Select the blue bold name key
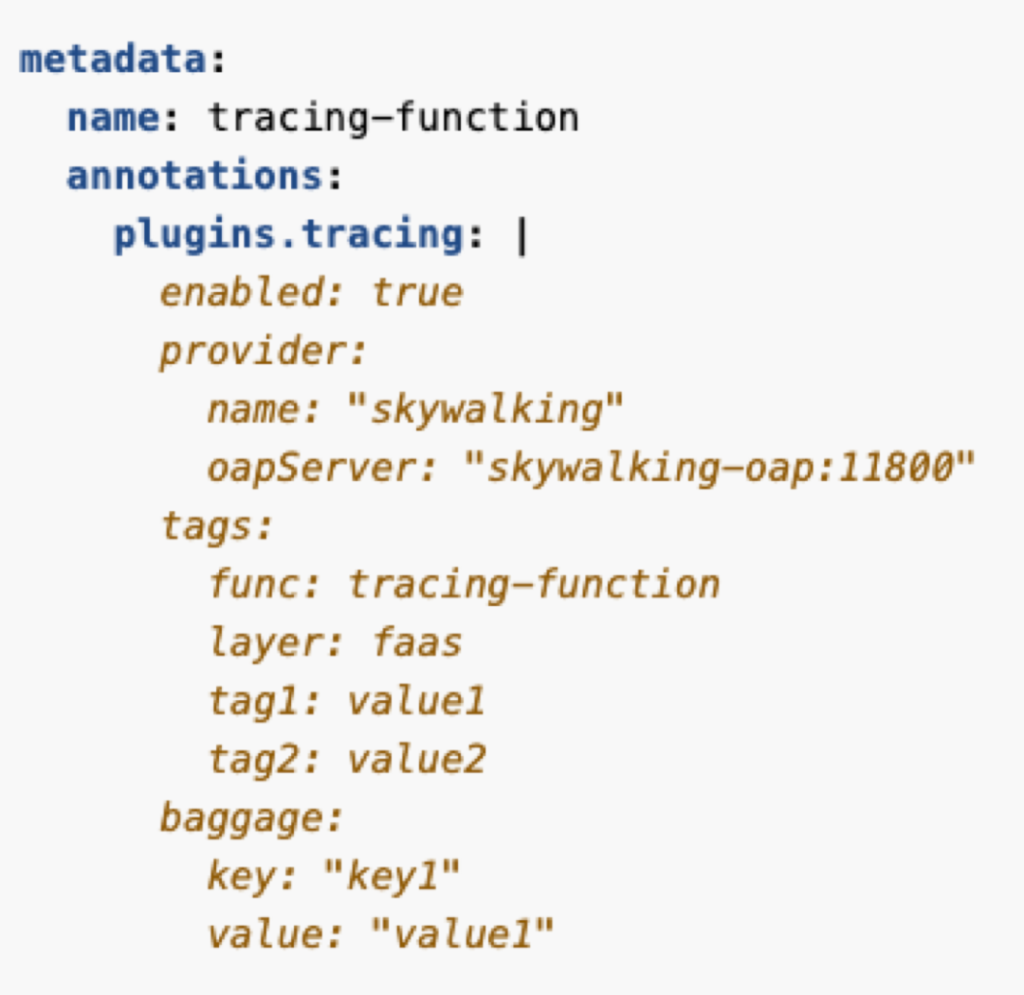pyautogui.click(x=113, y=119)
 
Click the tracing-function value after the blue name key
pyautogui.click(x=393, y=119)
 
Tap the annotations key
pyautogui.click(x=195, y=176)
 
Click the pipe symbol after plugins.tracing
pyautogui.click(x=520, y=235)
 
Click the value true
pyautogui.click(x=417, y=293)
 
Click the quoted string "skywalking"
pyautogui.click(x=486, y=410)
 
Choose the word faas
pyautogui.click(x=417, y=643)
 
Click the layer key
pyautogui.click(x=265, y=643)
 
